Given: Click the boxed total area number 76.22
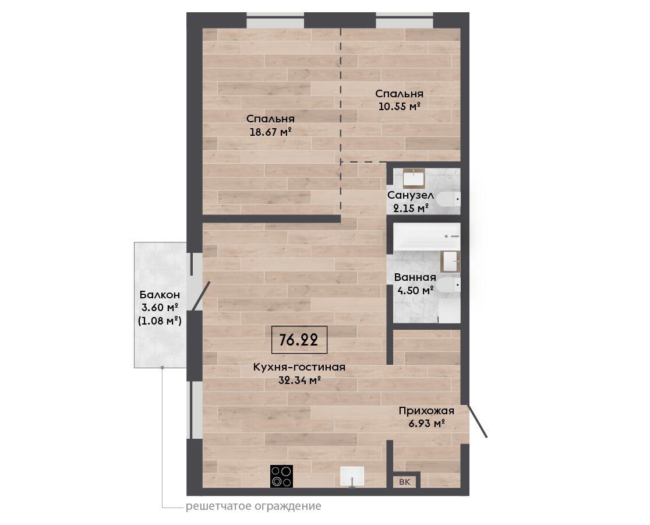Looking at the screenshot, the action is (299, 340).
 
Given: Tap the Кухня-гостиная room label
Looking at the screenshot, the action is (299, 367).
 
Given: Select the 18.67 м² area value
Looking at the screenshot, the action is (270, 132).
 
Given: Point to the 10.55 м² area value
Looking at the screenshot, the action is (400, 107).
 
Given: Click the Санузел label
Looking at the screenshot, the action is (411, 195).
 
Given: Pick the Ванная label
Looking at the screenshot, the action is (415, 277).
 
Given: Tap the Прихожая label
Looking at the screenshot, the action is (426, 411).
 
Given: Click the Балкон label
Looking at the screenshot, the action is (160, 295).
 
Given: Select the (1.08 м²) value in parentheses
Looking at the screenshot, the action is (160, 320).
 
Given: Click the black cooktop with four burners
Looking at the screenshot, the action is (281, 476).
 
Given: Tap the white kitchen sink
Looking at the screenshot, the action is (352, 477).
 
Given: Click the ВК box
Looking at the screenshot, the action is (405, 481).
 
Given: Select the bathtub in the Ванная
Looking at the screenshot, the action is (426, 237).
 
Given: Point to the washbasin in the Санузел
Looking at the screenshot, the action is (414, 178).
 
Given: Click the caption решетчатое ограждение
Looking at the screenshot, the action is (253, 506).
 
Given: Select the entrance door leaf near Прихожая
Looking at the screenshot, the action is (477, 421).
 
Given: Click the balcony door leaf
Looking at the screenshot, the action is (201, 296).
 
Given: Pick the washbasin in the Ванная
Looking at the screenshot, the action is (450, 262).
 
